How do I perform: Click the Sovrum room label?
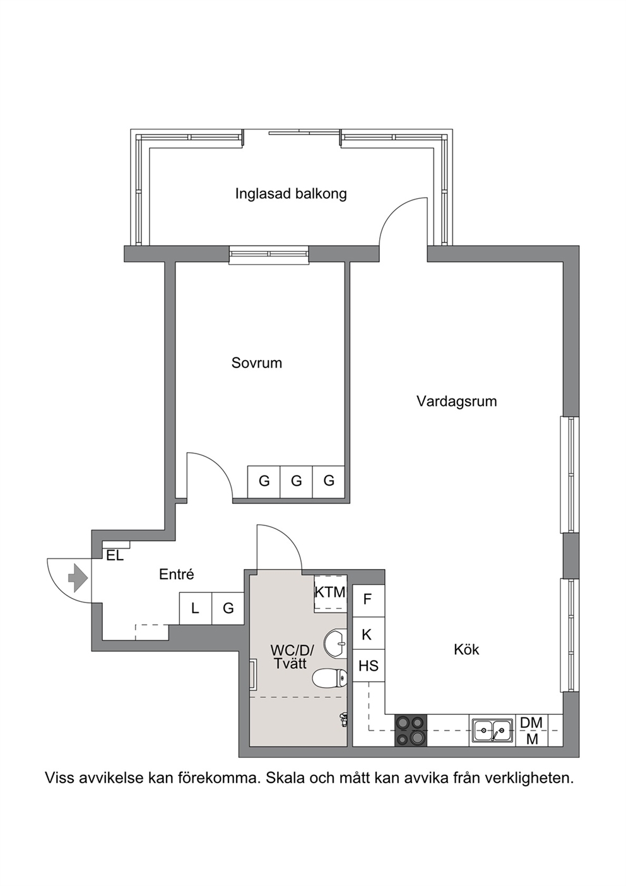tap(257, 363)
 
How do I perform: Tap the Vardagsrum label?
tap(456, 402)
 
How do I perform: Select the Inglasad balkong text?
tap(291, 194)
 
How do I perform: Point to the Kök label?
tap(466, 649)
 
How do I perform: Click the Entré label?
tap(177, 574)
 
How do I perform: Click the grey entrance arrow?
tap(78, 578)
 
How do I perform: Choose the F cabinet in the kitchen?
tap(369, 601)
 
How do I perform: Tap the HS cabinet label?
tap(369, 666)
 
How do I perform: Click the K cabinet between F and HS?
tap(369, 633)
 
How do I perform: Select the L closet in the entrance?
tap(196, 608)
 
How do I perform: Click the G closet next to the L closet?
tap(228, 608)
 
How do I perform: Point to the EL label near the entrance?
tap(115, 556)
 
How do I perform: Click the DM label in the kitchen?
tap(531, 723)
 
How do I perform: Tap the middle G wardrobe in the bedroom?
tap(297, 482)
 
